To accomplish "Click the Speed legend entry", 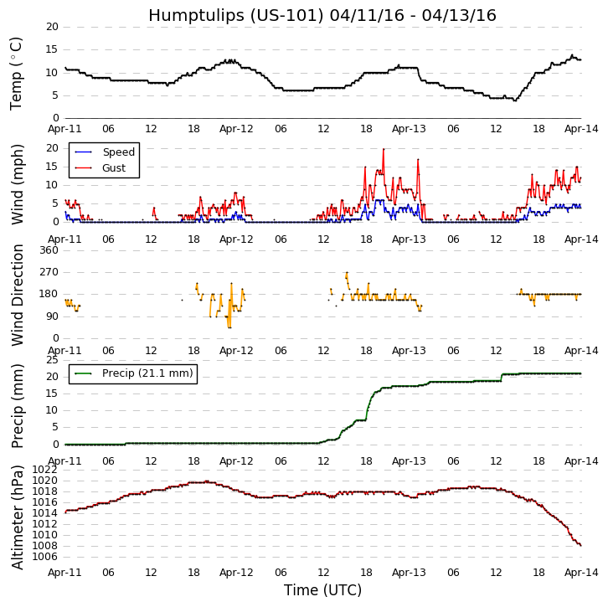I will [118, 152].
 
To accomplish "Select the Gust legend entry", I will [114, 168].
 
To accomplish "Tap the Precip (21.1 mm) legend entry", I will [147, 373].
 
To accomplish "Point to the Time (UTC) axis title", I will [322, 590].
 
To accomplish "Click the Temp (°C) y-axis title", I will [17, 73].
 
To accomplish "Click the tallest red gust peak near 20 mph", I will [384, 150].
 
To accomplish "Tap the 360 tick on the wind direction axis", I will [49, 250].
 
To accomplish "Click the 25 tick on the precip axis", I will [52, 360].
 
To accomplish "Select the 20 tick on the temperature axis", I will [52, 27].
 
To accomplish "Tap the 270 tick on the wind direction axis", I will [49, 272].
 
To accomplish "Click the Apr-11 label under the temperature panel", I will [65, 129].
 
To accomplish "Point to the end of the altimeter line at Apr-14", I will [580, 545].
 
